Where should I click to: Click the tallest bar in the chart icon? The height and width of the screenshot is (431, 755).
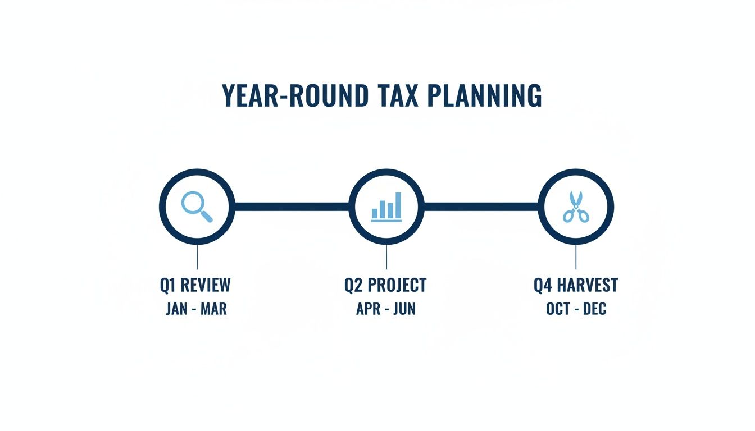pyautogui.click(x=398, y=205)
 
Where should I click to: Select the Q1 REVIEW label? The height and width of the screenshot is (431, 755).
pyautogui.click(x=195, y=285)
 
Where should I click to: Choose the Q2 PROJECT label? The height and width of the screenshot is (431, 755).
pyautogui.click(x=385, y=285)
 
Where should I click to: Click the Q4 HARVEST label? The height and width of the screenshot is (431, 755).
pyautogui.click(x=576, y=285)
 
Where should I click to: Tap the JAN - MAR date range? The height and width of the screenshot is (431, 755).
pyautogui.click(x=196, y=309)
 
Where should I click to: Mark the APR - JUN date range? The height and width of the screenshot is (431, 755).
pyautogui.click(x=386, y=309)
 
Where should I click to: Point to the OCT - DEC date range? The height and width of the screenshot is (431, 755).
pyautogui.click(x=576, y=309)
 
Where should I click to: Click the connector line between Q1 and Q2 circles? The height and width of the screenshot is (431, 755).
pyautogui.click(x=291, y=207)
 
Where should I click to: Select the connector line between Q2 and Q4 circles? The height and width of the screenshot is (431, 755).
pyautogui.click(x=481, y=207)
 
